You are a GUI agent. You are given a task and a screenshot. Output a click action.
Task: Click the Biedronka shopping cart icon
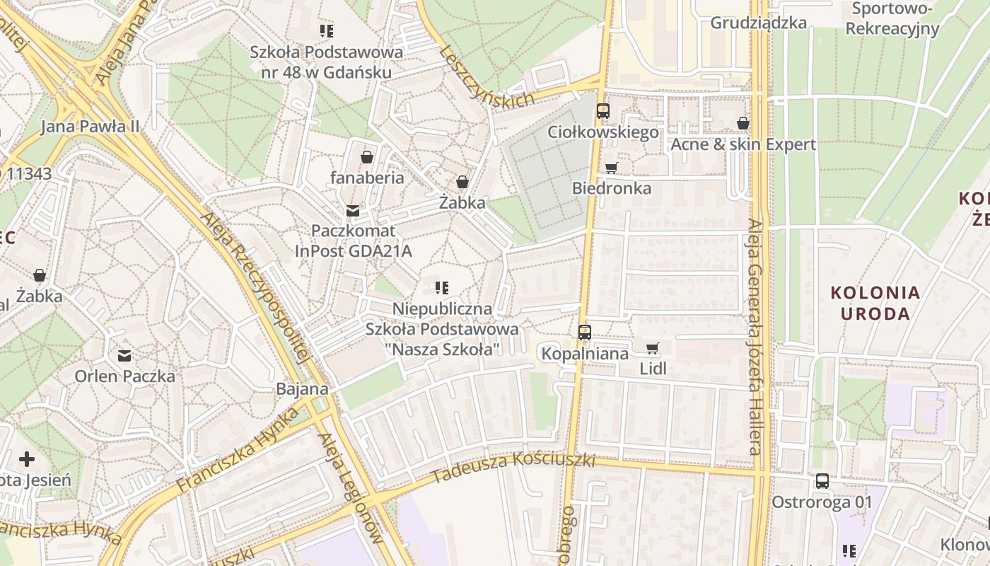(x=611, y=168)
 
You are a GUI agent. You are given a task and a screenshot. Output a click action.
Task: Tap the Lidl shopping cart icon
(x=652, y=348)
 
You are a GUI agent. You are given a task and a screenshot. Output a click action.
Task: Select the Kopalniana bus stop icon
(x=584, y=332)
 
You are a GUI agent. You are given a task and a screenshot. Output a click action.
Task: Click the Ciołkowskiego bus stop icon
(x=602, y=111)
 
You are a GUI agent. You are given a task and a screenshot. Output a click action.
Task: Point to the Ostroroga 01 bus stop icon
(x=822, y=481)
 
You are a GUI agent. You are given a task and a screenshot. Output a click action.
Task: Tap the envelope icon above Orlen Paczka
(x=124, y=355)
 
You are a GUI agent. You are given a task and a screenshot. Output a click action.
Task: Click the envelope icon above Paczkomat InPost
(x=352, y=210)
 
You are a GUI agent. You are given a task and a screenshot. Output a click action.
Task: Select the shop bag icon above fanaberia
(x=366, y=157)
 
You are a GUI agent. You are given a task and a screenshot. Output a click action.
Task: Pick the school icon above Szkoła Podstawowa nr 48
(x=326, y=30)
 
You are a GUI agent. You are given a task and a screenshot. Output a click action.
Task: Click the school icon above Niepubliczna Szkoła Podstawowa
(x=442, y=288)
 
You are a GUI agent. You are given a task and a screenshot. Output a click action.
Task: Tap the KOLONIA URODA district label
(x=875, y=303)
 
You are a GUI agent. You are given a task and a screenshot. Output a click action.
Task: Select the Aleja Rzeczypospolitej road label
(x=255, y=287)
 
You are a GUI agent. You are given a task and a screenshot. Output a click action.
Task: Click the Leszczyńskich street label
(x=486, y=76)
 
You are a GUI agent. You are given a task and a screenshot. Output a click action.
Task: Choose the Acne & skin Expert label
(x=742, y=144)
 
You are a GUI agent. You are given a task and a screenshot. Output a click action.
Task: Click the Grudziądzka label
(x=758, y=23)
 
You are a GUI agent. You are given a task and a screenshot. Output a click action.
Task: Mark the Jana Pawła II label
(x=90, y=127)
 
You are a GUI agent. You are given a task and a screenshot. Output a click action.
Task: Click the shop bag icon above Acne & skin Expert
(x=742, y=124)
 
